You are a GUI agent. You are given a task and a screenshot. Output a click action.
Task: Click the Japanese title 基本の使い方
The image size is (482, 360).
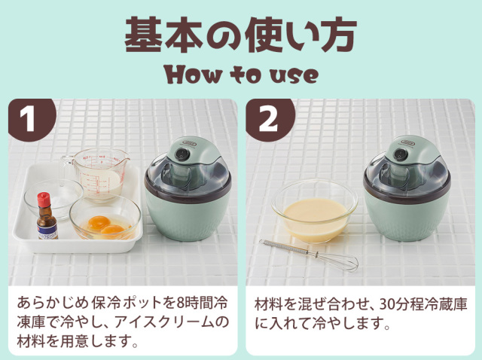point(240,35)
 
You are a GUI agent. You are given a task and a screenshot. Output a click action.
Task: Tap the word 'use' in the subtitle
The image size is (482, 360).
point(293,75)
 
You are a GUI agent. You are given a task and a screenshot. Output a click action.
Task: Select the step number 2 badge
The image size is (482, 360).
point(268,118)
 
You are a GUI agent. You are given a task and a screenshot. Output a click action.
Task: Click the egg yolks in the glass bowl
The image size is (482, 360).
point(105,224)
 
